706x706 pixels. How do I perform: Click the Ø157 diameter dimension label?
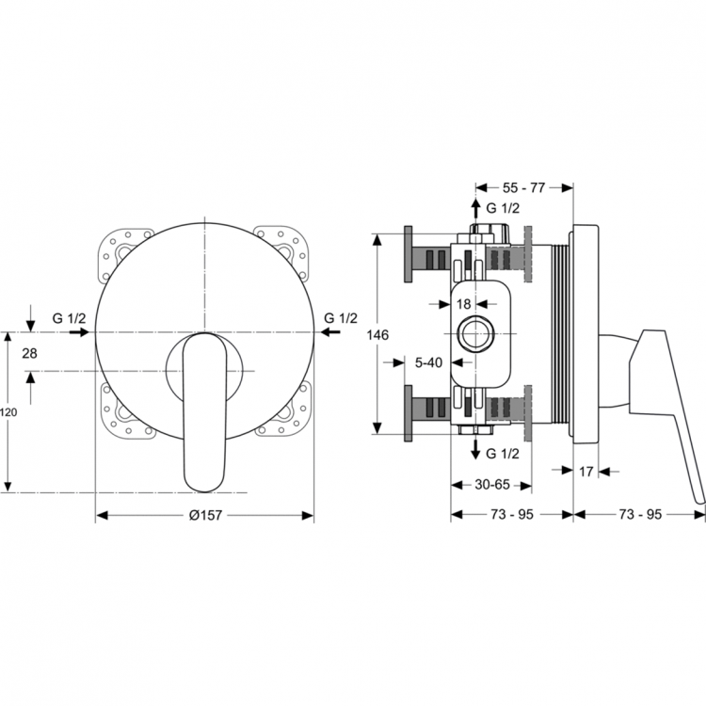pos(205,515)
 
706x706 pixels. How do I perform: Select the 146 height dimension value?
pos(377,335)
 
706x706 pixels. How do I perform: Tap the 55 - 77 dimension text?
pos(523,187)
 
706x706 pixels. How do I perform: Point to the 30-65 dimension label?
pos(492,485)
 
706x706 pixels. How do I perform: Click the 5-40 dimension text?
pos(428,362)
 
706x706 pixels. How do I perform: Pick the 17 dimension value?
pos(586,472)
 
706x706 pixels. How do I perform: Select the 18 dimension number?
pos(463,304)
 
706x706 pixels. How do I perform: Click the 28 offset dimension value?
pos(30,353)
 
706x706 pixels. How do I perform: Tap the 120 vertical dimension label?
pos(8,412)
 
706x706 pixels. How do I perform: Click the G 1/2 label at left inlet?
pos(69,318)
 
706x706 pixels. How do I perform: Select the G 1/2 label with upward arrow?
pos(503,208)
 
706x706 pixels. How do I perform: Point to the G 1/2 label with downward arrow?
pos(503,454)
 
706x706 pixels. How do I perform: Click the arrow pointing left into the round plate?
pos(331,332)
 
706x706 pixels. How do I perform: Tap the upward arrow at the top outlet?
pos(475,210)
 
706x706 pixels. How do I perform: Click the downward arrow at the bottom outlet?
pos(475,448)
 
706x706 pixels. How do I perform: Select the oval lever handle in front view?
pos(204,412)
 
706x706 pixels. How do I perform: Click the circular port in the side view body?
pos(475,333)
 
